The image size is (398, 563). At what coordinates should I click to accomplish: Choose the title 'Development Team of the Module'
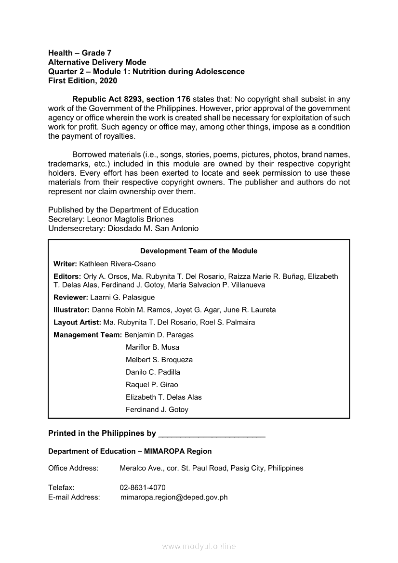(199, 251)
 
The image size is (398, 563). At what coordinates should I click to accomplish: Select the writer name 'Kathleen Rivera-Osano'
(117, 264)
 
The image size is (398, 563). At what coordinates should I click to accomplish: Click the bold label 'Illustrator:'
(71, 310)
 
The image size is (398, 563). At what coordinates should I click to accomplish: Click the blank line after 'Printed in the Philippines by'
(212, 434)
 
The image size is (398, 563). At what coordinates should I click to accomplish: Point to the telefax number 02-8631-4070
(143, 487)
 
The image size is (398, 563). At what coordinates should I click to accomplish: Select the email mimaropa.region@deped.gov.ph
(174, 497)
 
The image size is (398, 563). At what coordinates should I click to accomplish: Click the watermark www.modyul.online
(199, 546)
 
